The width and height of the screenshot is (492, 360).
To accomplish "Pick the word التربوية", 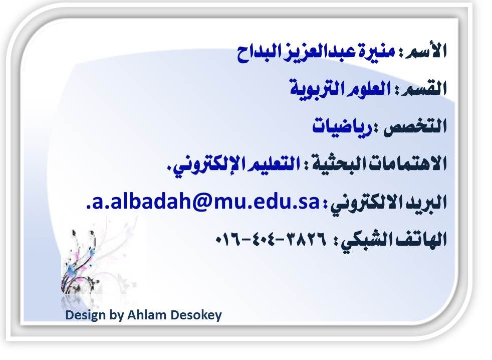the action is (311, 88).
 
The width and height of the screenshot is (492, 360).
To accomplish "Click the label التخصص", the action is (415, 126).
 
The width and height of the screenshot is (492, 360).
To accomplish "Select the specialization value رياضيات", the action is (342, 126).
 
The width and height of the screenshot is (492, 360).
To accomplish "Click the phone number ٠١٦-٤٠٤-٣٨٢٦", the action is (271, 240).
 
